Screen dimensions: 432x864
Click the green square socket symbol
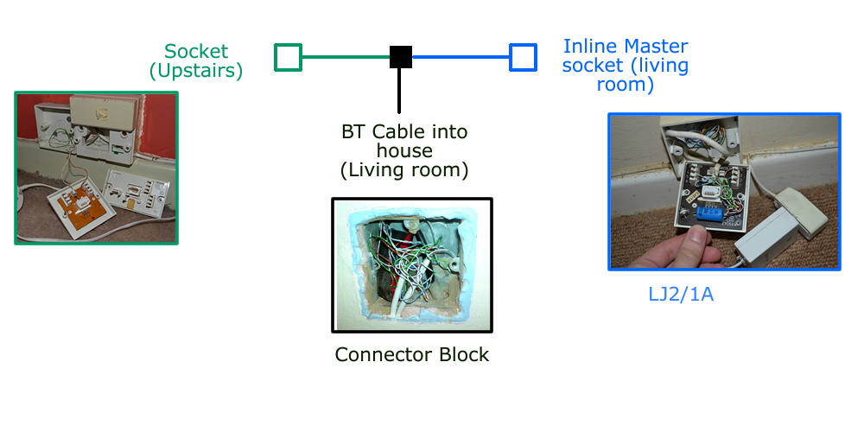(x=288, y=57)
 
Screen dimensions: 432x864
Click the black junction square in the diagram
(x=400, y=57)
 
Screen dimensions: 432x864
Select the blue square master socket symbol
(x=523, y=57)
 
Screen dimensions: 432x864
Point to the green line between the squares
(x=346, y=57)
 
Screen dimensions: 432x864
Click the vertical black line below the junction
(x=399, y=91)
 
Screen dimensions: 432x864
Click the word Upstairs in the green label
(x=195, y=71)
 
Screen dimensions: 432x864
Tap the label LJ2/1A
(x=681, y=295)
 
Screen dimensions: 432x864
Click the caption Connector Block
(x=412, y=354)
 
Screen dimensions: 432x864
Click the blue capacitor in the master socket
(x=708, y=215)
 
